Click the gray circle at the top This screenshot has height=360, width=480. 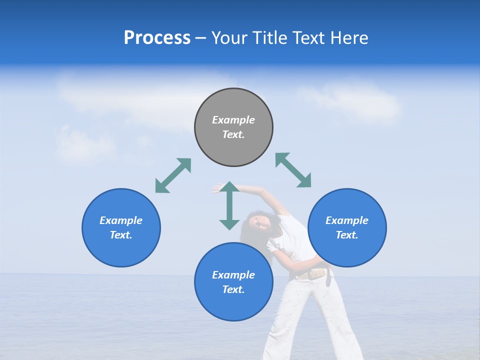(233, 127)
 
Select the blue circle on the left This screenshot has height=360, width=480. (121, 227)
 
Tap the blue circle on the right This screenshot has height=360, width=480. (347, 227)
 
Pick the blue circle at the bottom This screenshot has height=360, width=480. (233, 281)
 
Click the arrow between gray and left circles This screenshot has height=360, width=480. (173, 175)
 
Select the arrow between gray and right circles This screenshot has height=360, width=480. (293, 170)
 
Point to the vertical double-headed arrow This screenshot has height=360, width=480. (229, 205)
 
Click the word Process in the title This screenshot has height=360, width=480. (157, 38)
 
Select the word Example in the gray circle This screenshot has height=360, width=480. (233, 120)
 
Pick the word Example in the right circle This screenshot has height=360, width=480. (347, 220)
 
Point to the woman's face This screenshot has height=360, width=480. (260, 222)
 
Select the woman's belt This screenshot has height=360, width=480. (313, 274)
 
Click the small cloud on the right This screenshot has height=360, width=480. (350, 102)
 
